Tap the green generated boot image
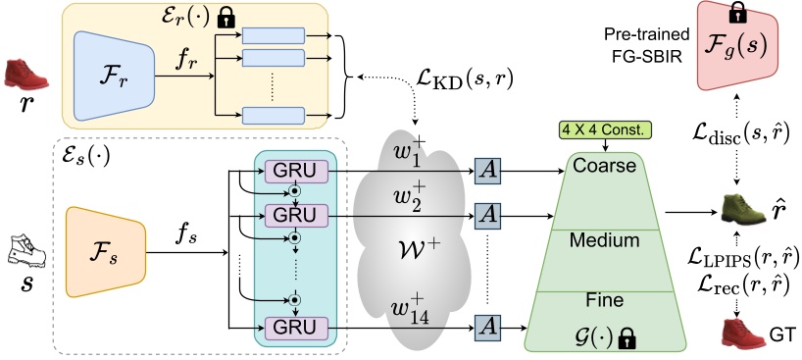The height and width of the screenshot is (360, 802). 742,209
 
